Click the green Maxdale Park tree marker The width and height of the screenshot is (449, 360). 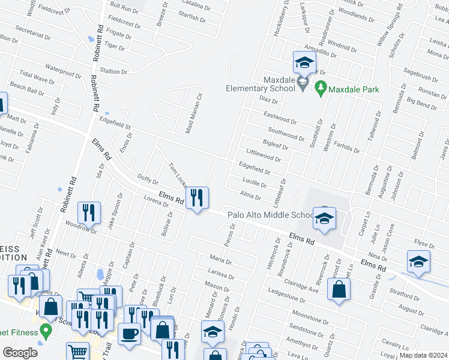[320, 89]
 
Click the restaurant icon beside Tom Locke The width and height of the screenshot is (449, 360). [197, 197]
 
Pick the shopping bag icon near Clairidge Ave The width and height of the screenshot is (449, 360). [339, 289]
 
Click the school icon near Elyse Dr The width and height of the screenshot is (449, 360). [418, 261]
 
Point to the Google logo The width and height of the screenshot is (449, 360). [20, 353]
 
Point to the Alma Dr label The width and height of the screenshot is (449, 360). [250, 196]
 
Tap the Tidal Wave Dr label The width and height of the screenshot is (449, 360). [37, 79]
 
